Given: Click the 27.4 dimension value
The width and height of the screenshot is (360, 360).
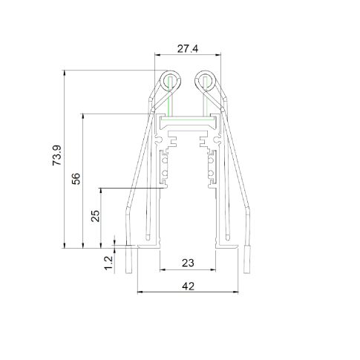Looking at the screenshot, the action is click(188, 49).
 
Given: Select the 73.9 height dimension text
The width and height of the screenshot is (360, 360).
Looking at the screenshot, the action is click(56, 155).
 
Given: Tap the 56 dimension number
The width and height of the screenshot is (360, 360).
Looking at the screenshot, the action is click(76, 179).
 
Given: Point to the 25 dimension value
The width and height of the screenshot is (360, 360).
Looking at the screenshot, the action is click(95, 216).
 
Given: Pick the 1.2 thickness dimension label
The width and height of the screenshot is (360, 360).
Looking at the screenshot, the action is click(108, 263).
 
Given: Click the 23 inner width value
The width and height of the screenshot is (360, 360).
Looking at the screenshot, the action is click(188, 263).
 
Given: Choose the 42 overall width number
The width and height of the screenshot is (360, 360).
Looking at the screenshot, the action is click(189, 287).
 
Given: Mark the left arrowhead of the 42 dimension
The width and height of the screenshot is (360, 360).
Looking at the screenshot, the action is click(140, 292).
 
